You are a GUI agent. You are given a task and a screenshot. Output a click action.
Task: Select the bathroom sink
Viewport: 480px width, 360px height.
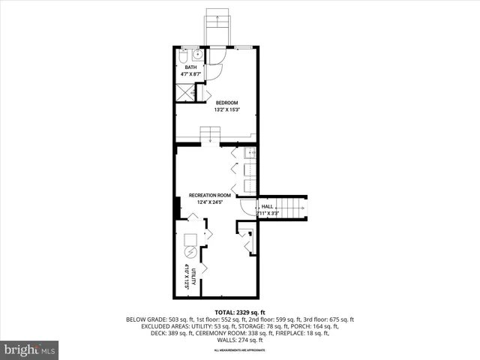point(197,55)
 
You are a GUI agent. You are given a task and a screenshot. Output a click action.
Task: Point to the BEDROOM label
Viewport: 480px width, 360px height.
point(227,103)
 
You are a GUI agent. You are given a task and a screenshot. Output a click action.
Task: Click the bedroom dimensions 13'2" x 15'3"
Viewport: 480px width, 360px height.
point(227,110)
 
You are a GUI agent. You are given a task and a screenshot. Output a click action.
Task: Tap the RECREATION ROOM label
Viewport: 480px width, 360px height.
point(214,196)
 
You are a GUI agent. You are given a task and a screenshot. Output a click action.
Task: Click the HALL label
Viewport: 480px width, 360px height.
point(266,207)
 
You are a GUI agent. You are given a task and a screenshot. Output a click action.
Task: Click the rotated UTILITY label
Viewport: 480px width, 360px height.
point(193,276)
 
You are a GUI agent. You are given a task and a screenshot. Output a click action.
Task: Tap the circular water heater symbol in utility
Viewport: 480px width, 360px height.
point(191,251)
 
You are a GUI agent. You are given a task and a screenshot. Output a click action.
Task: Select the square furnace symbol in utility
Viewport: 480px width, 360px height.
point(190,238)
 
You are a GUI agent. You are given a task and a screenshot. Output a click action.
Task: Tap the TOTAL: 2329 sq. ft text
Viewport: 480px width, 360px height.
point(240,312)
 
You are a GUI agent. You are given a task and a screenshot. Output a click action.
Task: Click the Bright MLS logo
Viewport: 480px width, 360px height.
point(30,349)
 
